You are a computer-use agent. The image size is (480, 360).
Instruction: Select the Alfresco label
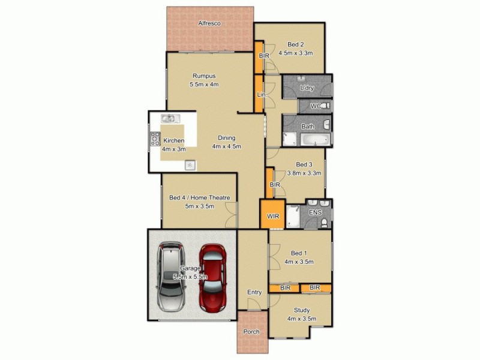[210, 23]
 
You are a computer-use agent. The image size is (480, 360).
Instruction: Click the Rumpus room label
[204, 76]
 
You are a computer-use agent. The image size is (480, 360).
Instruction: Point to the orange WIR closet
[272, 215]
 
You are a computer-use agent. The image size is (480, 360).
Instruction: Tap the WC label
[316, 106]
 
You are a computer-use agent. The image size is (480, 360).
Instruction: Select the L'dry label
[307, 88]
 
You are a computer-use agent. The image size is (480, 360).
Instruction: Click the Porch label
[250, 332]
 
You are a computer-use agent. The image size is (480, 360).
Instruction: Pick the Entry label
[254, 292]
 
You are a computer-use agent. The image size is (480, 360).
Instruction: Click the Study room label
[301, 310]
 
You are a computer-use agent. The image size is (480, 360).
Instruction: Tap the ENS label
[314, 212]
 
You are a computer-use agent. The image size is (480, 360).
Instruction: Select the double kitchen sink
[169, 119]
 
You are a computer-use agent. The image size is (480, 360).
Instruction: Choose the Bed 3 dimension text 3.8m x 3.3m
[304, 172]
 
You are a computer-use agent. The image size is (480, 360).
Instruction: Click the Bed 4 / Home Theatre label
[200, 198]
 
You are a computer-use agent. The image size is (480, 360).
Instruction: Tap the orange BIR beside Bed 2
[264, 56]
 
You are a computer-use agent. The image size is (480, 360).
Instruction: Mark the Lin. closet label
[261, 95]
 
